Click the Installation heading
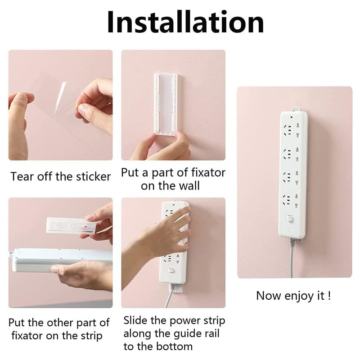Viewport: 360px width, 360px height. click(x=185, y=22)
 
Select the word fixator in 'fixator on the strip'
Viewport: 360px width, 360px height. click(x=27, y=336)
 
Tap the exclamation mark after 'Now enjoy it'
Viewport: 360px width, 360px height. click(x=329, y=295)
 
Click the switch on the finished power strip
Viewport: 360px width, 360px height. click(x=290, y=219)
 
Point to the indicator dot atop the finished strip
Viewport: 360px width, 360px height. click(x=291, y=117)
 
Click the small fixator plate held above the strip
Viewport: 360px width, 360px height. click(x=71, y=225)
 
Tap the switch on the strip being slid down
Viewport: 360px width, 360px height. click(x=171, y=270)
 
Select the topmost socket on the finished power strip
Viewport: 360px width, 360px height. click(x=291, y=130)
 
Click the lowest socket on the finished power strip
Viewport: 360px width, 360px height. click(x=291, y=200)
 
